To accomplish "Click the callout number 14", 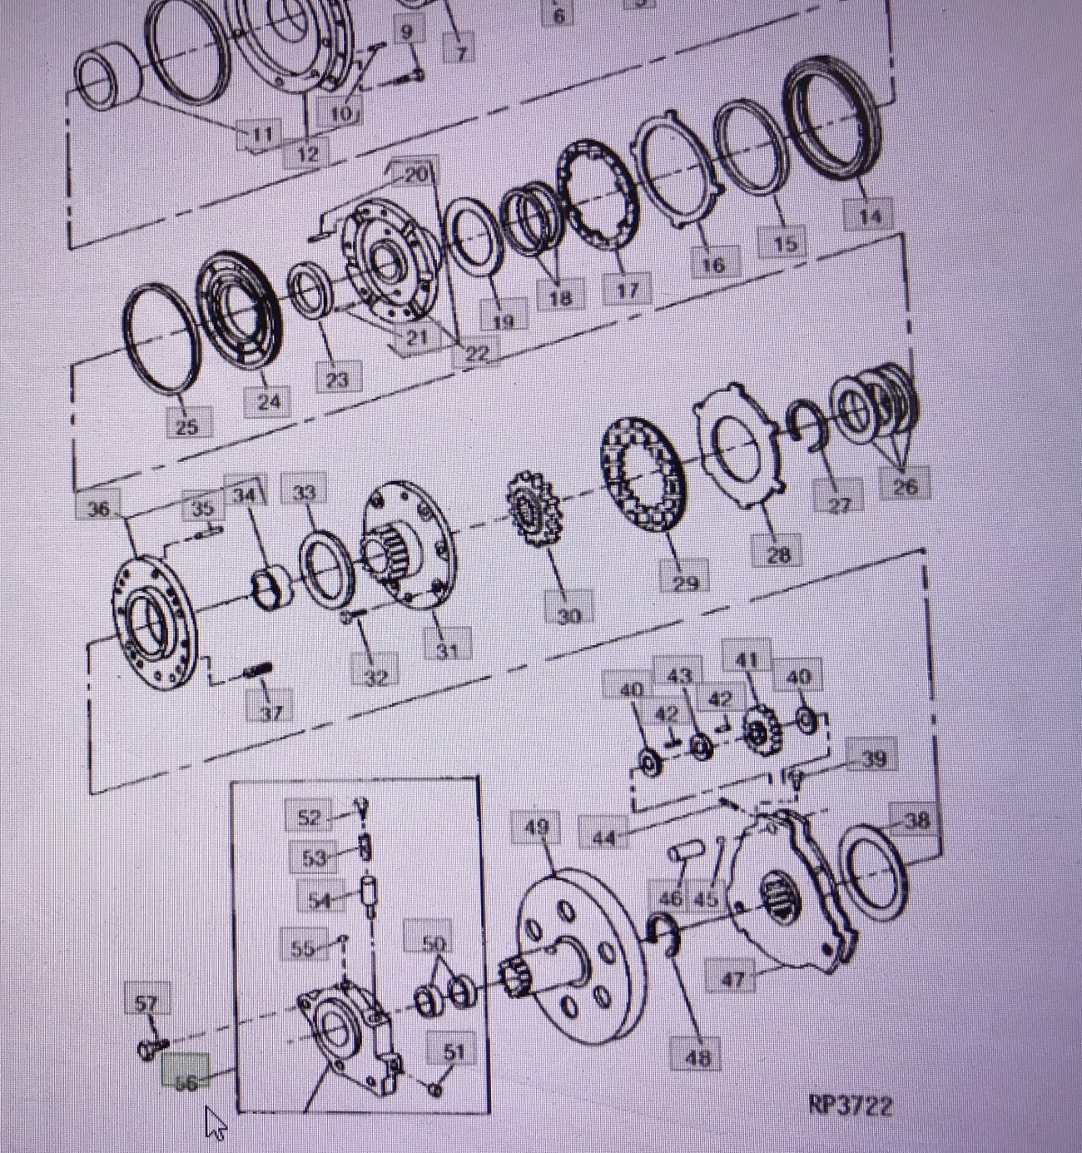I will point(869,216).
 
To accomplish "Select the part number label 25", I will point(186,425).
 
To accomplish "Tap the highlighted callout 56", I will point(186,1081).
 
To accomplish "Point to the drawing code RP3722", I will point(850,1106).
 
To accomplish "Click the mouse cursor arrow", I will point(216,1123).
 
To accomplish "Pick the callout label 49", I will point(537,827).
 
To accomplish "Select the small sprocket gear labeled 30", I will point(534,509).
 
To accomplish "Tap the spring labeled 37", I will point(257,671).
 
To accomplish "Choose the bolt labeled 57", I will point(152,1048).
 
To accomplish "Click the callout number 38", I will point(916,821).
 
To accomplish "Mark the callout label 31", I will point(447,649).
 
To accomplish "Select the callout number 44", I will point(603,837).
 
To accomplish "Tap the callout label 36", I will point(99,509).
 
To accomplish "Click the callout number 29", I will point(685,582).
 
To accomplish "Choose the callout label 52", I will point(308,817).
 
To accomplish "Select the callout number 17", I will point(627,290).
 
